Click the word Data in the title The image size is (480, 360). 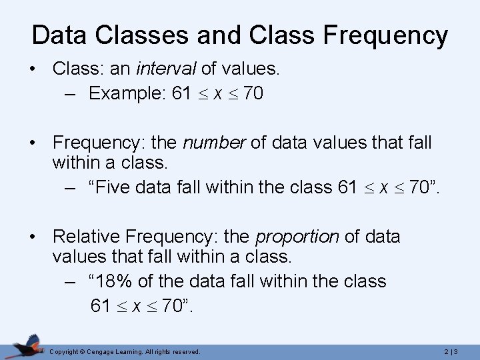click(55, 35)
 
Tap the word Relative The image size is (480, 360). click(87, 236)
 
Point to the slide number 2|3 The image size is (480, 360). click(453, 351)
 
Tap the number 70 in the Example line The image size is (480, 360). click(253, 95)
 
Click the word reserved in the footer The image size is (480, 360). click(187, 351)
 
